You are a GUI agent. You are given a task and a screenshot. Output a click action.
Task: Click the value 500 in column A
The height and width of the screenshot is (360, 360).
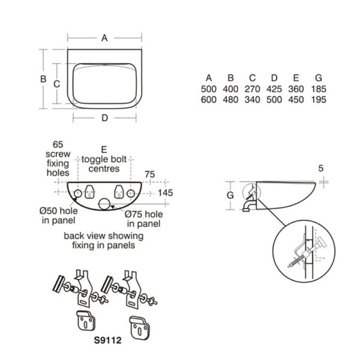pyautogui.click(x=208, y=89)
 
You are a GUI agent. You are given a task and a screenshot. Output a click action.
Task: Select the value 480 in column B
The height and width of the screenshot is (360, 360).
pyautogui.click(x=230, y=99)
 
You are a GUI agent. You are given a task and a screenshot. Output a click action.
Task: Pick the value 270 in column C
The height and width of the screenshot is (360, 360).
pyautogui.click(x=252, y=89)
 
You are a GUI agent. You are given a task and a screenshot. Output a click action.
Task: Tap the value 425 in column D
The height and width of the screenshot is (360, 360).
pyautogui.click(x=274, y=89)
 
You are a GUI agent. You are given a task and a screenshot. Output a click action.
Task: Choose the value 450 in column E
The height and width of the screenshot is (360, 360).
pyautogui.click(x=296, y=99)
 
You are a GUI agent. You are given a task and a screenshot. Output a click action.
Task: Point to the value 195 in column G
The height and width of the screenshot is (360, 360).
pyautogui.click(x=319, y=99)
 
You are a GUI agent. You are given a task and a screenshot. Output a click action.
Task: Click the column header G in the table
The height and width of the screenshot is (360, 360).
pyautogui.click(x=319, y=78)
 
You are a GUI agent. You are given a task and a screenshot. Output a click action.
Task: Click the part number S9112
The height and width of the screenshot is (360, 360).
pyautogui.click(x=108, y=340)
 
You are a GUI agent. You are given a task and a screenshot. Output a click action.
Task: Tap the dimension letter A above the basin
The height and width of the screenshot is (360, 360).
pyautogui.click(x=104, y=38)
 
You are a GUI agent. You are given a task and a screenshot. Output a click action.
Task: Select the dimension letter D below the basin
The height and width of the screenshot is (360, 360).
pyautogui.click(x=105, y=118)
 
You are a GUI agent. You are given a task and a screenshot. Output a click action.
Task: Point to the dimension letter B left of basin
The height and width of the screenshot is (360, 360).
pyautogui.click(x=43, y=79)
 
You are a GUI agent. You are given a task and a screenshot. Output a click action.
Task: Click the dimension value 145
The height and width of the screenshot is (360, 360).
pyautogui.click(x=165, y=193)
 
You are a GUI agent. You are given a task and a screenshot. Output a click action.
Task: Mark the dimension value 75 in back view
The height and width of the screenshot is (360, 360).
pyautogui.click(x=150, y=174)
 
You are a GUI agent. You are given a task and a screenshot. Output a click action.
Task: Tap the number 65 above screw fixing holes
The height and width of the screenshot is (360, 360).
pyautogui.click(x=58, y=144)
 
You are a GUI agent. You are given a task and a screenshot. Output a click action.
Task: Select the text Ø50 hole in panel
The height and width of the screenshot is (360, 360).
pyautogui.click(x=58, y=216)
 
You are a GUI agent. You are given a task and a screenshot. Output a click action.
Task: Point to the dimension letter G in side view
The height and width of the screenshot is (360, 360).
pyautogui.click(x=230, y=195)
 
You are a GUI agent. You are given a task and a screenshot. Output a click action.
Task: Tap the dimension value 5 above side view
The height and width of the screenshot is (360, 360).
pyautogui.click(x=321, y=168)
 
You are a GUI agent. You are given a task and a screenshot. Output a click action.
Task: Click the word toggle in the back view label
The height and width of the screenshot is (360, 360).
pyautogui.click(x=93, y=160)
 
